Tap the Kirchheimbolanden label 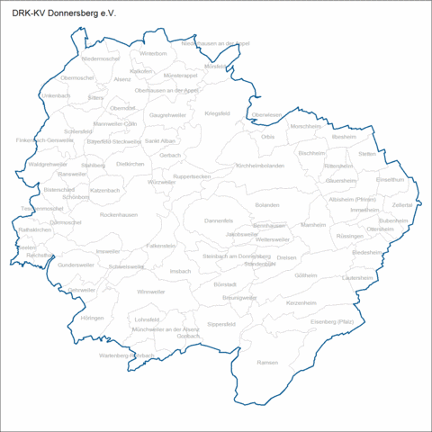261,166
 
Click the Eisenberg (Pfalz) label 333,320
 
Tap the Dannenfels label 219,220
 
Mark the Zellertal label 402,205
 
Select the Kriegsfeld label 218,113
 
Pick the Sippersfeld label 220,323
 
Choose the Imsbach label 180,270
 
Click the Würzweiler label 161,182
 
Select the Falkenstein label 161,245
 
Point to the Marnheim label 313,224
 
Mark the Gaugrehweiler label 166,116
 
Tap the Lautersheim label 357,278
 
